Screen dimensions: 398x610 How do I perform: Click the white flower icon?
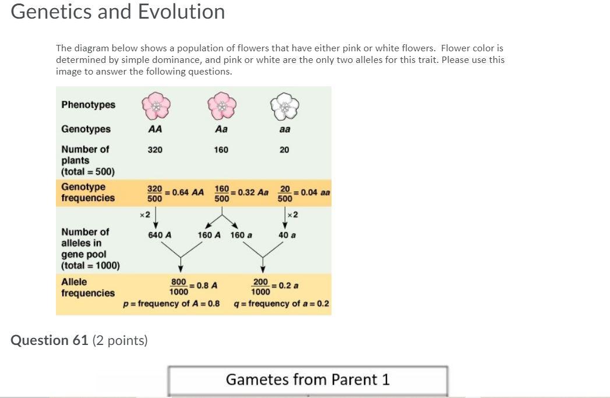click(284, 105)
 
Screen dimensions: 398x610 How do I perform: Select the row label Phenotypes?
click(89, 105)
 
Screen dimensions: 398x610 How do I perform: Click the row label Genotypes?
click(86, 129)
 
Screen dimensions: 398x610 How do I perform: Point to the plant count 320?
click(155, 150)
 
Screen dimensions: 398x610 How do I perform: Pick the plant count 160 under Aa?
click(221, 150)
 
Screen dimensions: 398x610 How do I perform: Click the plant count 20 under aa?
click(284, 150)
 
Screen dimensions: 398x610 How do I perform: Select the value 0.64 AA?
click(188, 193)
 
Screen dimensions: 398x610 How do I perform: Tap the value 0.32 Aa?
click(252, 193)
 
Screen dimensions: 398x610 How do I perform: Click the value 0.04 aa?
click(315, 193)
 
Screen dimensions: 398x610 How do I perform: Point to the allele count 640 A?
click(160, 235)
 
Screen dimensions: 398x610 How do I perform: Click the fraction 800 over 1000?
click(178, 286)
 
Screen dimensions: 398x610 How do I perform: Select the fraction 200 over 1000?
click(260, 286)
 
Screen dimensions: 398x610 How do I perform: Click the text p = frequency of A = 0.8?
click(171, 304)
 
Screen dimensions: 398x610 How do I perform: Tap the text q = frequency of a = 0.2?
click(281, 304)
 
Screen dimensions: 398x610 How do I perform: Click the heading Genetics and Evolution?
click(118, 12)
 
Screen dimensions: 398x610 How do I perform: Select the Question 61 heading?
click(79, 340)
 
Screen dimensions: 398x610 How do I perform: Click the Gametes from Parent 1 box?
click(308, 380)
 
